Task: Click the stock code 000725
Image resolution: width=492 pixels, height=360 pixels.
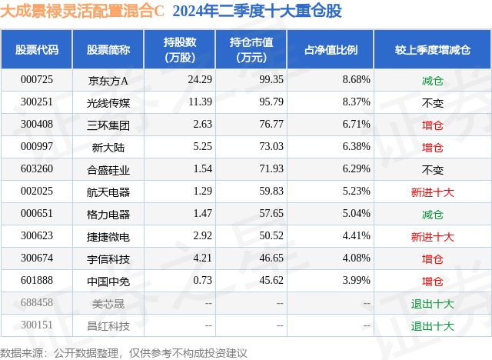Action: pos(37,79)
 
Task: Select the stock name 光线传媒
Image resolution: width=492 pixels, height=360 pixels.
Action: pos(108,102)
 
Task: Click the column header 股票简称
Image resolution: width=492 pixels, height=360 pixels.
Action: pos(108,49)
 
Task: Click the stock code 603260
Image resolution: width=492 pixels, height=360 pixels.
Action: pos(37,168)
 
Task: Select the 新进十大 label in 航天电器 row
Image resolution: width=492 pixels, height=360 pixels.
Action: pos(433,192)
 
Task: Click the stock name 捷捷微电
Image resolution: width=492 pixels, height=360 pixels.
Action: pos(108,236)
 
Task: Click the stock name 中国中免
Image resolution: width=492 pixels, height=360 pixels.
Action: pos(108,281)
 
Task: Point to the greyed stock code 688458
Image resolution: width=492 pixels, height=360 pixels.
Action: pos(37,303)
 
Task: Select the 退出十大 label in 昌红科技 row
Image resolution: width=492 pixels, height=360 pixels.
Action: pos(433,325)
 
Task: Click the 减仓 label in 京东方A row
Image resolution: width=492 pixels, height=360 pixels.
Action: pos(433,79)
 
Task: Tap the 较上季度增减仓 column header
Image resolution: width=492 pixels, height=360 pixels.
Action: pos(433,49)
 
